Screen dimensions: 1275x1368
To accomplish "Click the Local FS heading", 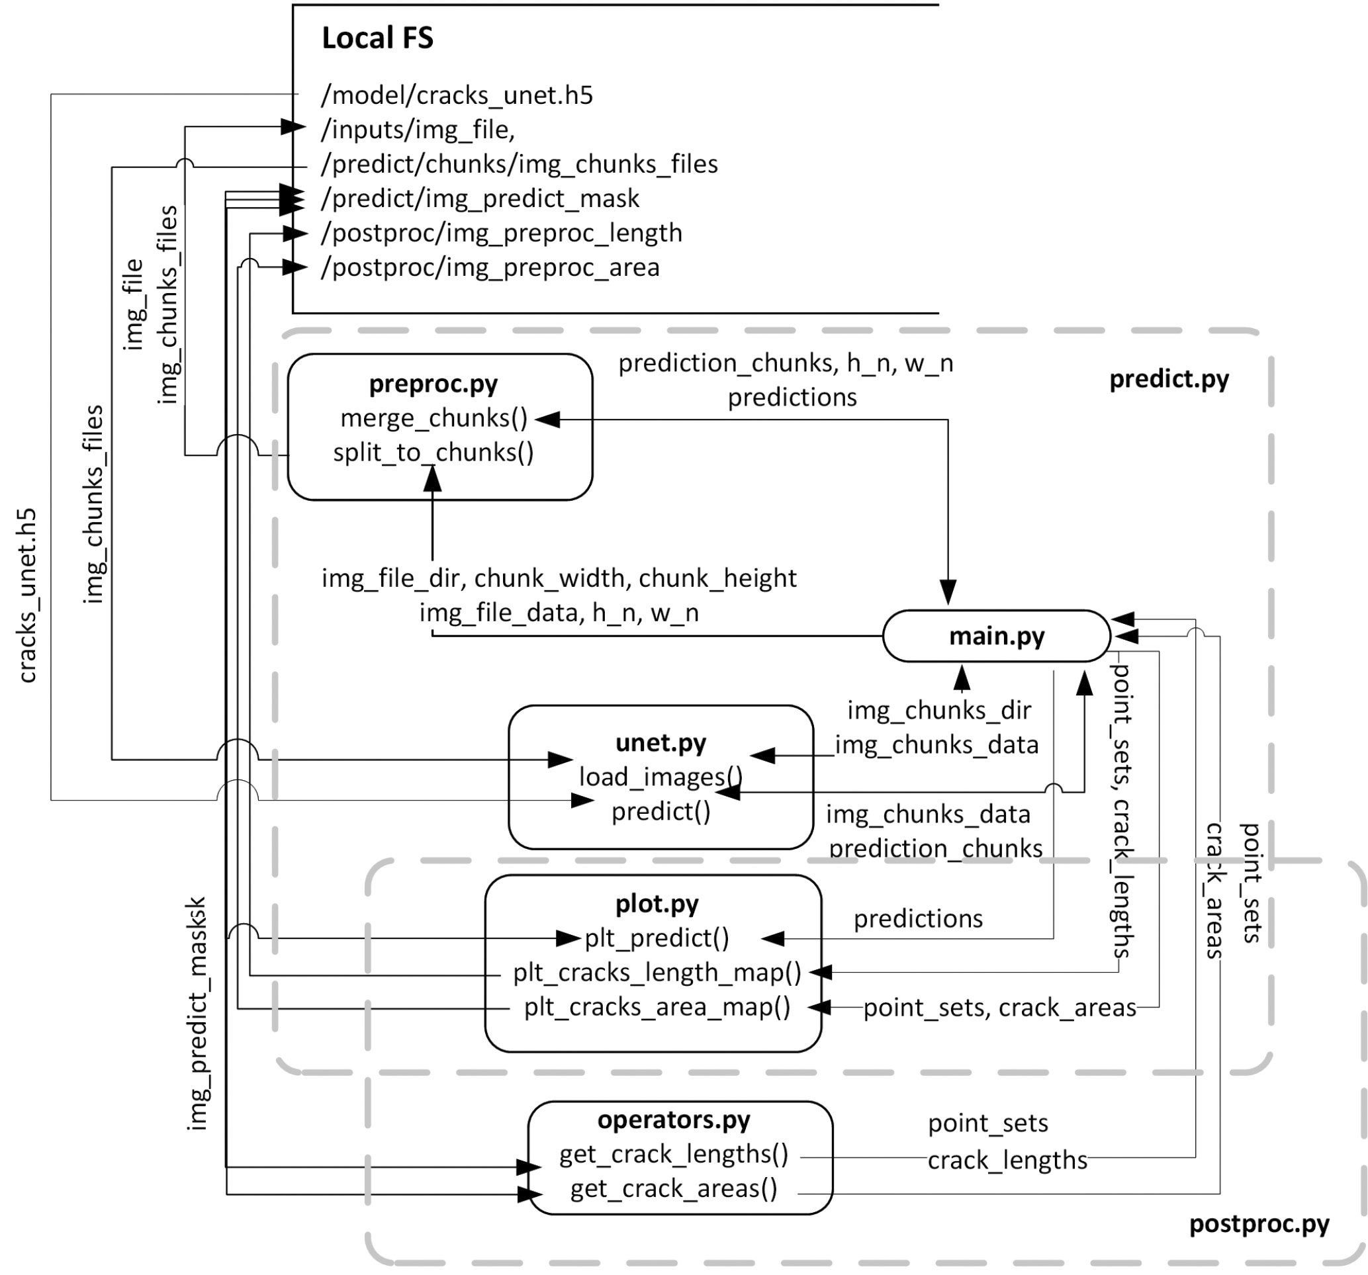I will pos(377,38).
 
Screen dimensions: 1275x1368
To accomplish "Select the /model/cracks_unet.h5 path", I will pos(456,95).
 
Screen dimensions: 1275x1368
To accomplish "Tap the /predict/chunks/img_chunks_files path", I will pos(519,164).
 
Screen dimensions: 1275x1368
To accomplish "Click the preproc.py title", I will pos(433,384).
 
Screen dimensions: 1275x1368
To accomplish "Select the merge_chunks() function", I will pos(433,418).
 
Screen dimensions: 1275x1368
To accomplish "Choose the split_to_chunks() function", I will pos(433,453).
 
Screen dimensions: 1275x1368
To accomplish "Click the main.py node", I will pos(996,636).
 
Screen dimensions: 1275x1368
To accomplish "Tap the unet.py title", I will pos(660,743).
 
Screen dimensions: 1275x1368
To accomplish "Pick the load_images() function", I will pos(660,777).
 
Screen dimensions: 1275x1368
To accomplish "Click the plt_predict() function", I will pos(657,938).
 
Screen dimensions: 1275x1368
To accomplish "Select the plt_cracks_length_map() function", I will pos(657,972).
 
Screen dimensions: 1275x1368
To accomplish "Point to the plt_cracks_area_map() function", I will pos(657,1006).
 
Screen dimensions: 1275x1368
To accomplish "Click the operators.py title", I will pos(673,1120).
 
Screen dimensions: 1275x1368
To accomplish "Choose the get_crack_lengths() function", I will pos(673,1154).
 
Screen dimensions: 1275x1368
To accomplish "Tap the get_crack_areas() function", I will pos(673,1188).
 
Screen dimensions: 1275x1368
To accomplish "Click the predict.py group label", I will pos(1168,379).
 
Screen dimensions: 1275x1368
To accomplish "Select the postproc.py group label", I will pos(1259,1223).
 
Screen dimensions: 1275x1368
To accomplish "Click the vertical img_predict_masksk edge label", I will pos(197,1013).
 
